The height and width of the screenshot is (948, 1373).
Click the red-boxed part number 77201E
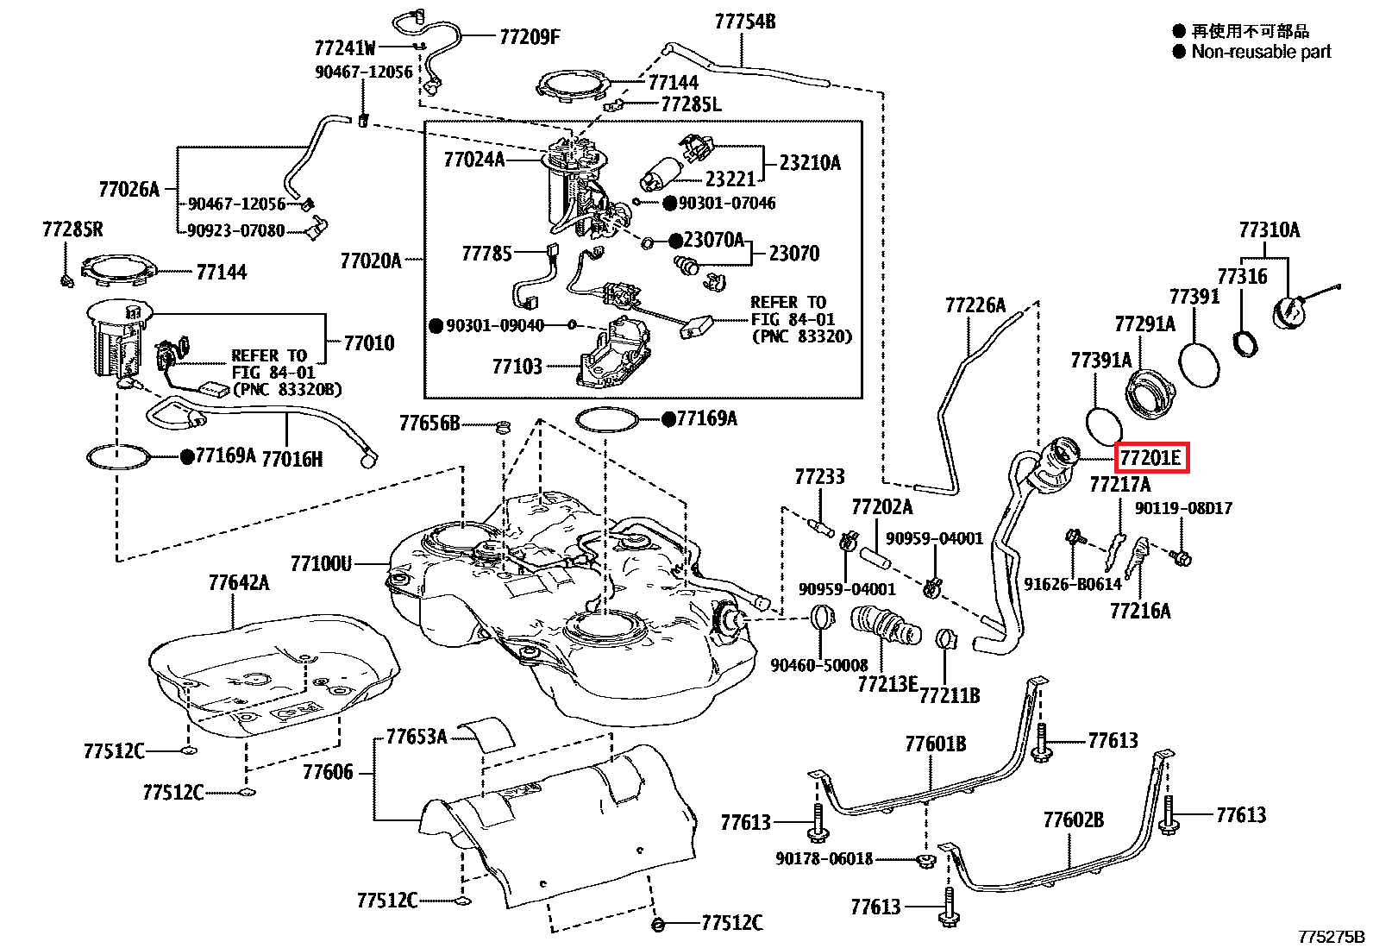pyautogui.click(x=1150, y=458)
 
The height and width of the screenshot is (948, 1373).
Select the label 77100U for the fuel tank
pyautogui.click(x=322, y=564)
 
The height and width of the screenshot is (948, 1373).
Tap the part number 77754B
pyautogui.click(x=744, y=22)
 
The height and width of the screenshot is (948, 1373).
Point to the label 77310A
pyautogui.click(x=1269, y=230)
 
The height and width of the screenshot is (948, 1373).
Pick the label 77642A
pyautogui.click(x=238, y=583)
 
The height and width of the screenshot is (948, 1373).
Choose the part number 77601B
pyautogui.click(x=935, y=744)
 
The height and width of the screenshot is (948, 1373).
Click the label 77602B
pyautogui.click(x=1072, y=819)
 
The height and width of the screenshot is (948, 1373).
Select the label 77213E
pyautogui.click(x=887, y=684)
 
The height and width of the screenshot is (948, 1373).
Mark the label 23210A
pyautogui.click(x=809, y=163)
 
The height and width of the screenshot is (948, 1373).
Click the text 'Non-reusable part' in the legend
pyautogui.click(x=1261, y=52)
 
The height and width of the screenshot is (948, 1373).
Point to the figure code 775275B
pyautogui.click(x=1332, y=937)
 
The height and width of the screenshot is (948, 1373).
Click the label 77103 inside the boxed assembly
pyautogui.click(x=517, y=367)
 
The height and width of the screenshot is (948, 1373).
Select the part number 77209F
pyautogui.click(x=530, y=36)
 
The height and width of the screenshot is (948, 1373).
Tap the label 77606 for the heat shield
pyautogui.click(x=328, y=772)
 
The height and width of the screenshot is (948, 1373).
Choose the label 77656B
pyautogui.click(x=429, y=424)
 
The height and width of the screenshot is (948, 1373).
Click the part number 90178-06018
pyautogui.click(x=824, y=859)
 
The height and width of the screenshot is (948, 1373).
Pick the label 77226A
pyautogui.click(x=975, y=305)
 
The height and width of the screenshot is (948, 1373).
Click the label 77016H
pyautogui.click(x=292, y=459)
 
